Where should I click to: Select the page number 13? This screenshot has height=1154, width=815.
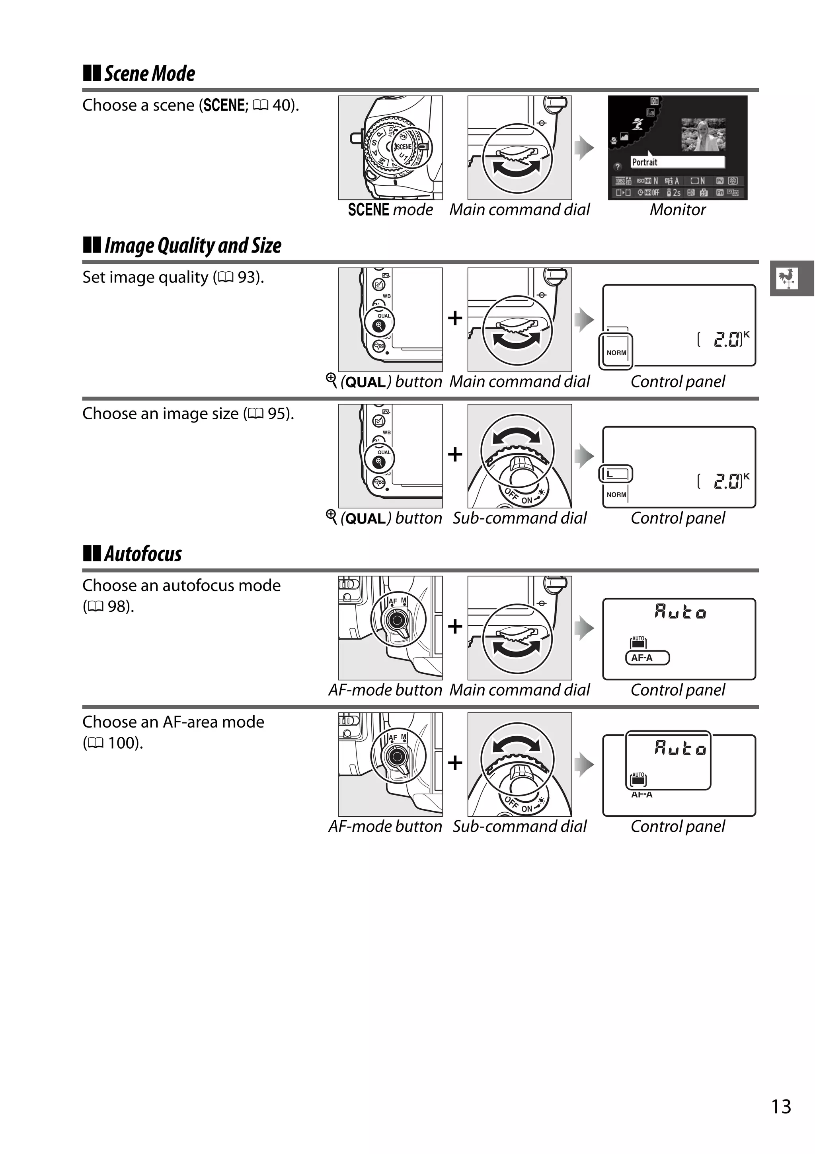pyautogui.click(x=781, y=1107)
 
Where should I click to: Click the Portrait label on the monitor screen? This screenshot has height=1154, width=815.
pyautogui.click(x=645, y=162)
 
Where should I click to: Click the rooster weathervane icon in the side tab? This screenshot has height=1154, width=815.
pyautogui.click(x=787, y=278)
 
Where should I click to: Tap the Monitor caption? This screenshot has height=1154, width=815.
pyautogui.click(x=677, y=210)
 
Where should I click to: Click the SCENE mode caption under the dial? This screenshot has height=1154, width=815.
pyautogui.click(x=390, y=210)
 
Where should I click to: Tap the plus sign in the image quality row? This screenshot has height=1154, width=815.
pyautogui.click(x=454, y=318)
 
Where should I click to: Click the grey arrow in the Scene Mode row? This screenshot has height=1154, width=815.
pyautogui.click(x=584, y=148)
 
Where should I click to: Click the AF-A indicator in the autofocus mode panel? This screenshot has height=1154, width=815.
pyautogui.click(x=647, y=658)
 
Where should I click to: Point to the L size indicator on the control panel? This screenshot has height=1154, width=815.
pyautogui.click(x=615, y=473)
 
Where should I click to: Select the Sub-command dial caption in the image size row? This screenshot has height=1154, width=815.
pyautogui.click(x=519, y=518)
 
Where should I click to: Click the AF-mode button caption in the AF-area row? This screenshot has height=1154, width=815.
pyautogui.click(x=385, y=826)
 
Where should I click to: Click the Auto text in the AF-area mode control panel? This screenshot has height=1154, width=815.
pyautogui.click(x=680, y=749)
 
